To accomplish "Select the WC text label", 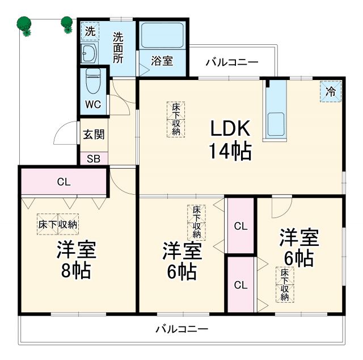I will click(x=92, y=105).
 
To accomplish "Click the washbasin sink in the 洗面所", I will click(x=89, y=54).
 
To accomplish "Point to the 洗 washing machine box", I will click(x=90, y=31).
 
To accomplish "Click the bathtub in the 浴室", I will click(x=163, y=36).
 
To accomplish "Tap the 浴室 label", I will click(x=163, y=61).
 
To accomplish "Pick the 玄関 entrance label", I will click(x=94, y=135).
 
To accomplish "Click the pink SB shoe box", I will click(x=94, y=158).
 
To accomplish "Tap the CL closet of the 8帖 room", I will click(x=64, y=182).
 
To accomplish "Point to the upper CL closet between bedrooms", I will click(x=240, y=226).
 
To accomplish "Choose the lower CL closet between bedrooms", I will click(x=240, y=284).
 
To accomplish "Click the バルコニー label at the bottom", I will click(x=181, y=329).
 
